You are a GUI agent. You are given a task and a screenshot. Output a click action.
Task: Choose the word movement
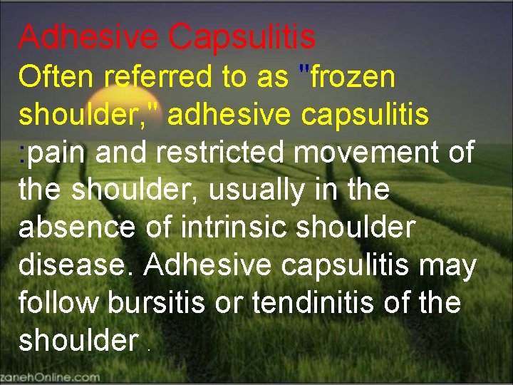coord(370,152)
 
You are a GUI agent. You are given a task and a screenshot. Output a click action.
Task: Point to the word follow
coord(58,303)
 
